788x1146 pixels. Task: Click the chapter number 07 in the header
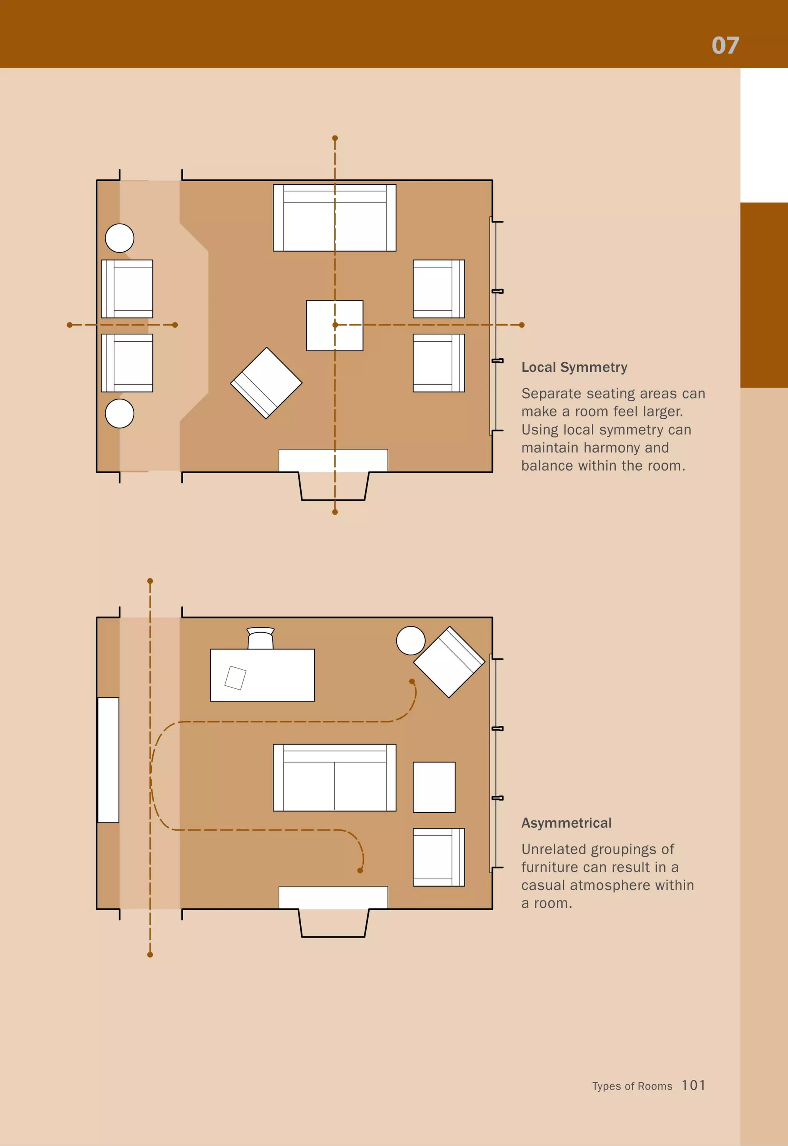click(x=725, y=45)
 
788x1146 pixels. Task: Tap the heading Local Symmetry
click(x=574, y=368)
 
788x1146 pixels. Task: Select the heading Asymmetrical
click(x=566, y=823)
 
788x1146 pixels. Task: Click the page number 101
click(x=693, y=1085)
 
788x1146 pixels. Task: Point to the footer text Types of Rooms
click(x=632, y=1086)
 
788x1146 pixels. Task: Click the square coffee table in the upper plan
click(x=334, y=326)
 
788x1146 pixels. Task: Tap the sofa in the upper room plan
click(x=334, y=218)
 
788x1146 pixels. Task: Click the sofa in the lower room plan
click(x=334, y=778)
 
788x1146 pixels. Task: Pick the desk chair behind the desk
click(x=260, y=638)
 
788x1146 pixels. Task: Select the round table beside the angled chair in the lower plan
click(x=411, y=640)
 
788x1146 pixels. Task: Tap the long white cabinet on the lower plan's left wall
click(x=108, y=760)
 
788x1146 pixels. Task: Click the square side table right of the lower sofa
click(x=434, y=787)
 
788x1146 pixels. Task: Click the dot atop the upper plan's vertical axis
click(x=335, y=138)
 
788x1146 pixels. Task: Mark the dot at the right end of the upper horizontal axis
click(x=522, y=325)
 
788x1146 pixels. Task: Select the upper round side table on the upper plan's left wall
click(x=120, y=238)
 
